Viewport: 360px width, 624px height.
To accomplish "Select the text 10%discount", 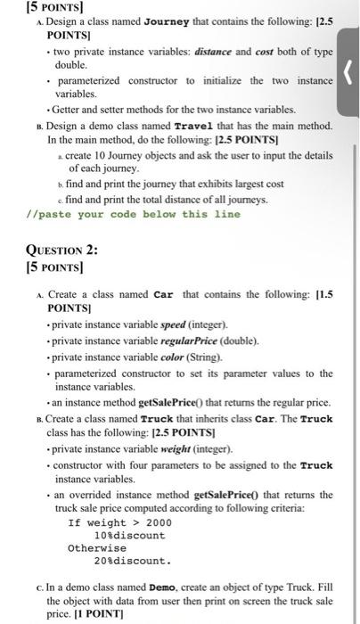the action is click(x=129, y=535).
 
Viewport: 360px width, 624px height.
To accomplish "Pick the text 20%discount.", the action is click(x=132, y=562).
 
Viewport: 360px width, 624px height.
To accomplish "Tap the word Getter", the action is click(x=71, y=109).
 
